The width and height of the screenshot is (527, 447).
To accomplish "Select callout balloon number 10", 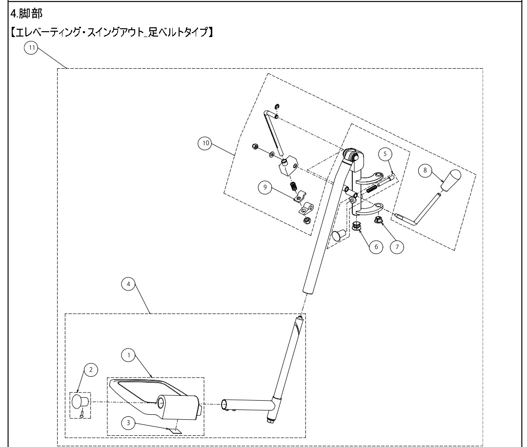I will tap(205, 143).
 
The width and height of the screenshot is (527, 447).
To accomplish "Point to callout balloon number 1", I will tap(129, 356).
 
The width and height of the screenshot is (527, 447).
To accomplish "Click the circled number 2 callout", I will tap(90, 370).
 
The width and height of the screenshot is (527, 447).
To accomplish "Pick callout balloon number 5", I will tap(385, 154).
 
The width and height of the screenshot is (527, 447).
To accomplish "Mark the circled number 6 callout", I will tap(376, 247).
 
